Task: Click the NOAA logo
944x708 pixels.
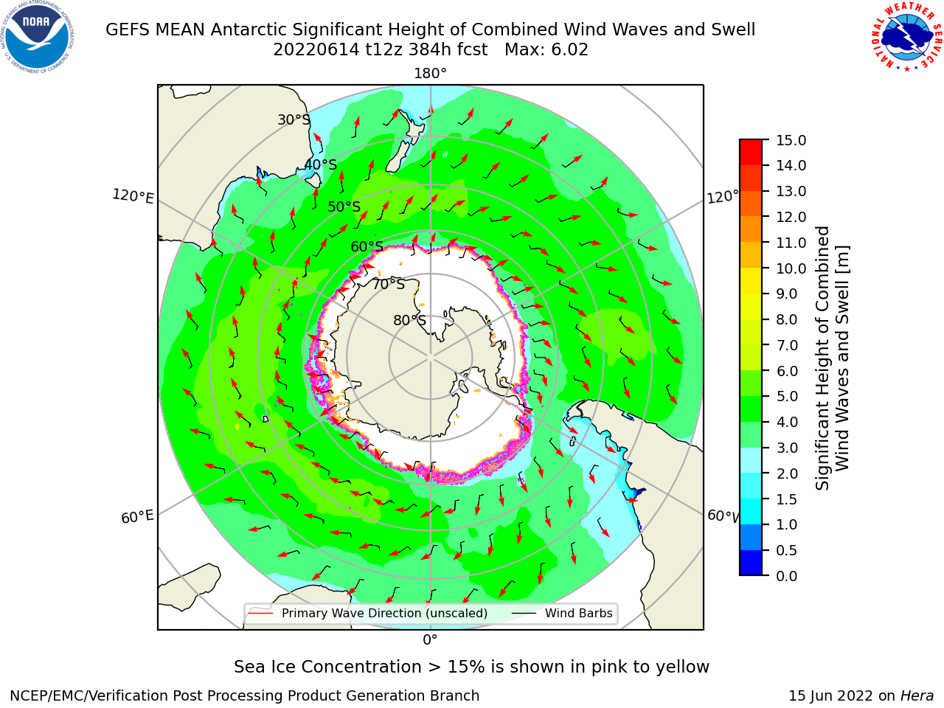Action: (x=37, y=37)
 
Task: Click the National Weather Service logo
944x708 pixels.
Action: (x=907, y=37)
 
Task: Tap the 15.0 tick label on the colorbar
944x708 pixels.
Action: (x=791, y=140)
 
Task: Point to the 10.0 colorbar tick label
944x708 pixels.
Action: (x=791, y=268)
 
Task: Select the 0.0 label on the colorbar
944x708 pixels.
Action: (x=787, y=575)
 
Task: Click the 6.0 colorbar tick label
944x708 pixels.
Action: (x=787, y=371)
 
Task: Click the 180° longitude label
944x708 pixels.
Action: (x=430, y=74)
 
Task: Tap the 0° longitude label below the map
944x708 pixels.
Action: (x=430, y=639)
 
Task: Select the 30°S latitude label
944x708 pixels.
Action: (x=294, y=119)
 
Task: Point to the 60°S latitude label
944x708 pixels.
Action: (x=367, y=246)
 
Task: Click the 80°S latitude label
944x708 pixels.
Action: (x=409, y=320)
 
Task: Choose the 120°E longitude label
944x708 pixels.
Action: (x=133, y=196)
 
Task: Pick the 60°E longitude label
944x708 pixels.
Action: (x=137, y=516)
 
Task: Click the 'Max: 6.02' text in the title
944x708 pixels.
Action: (x=546, y=50)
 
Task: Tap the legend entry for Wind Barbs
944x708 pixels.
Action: (x=563, y=613)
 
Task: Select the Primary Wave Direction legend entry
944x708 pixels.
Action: (x=368, y=613)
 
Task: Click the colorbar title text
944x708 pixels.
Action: (x=832, y=358)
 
